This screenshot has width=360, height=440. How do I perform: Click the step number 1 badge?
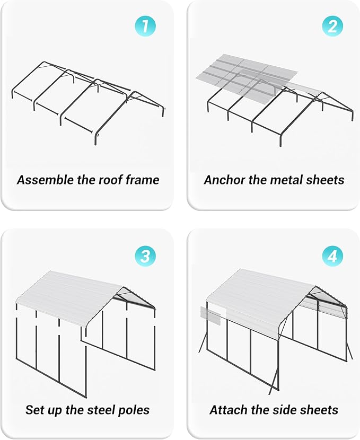coord(145,26)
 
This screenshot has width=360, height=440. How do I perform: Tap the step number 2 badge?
coord(332,26)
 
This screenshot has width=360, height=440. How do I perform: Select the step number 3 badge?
coord(145,257)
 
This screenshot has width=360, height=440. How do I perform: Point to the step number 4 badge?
coord(332,257)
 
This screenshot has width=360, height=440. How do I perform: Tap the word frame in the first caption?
coord(142,180)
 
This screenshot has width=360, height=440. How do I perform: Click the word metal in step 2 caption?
coord(283,180)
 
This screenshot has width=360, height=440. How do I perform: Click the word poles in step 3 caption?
coord(135,410)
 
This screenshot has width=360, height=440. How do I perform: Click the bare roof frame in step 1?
coord(85,101)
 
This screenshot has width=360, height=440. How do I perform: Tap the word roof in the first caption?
coord(111,180)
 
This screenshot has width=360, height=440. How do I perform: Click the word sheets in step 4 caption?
coord(320,410)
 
